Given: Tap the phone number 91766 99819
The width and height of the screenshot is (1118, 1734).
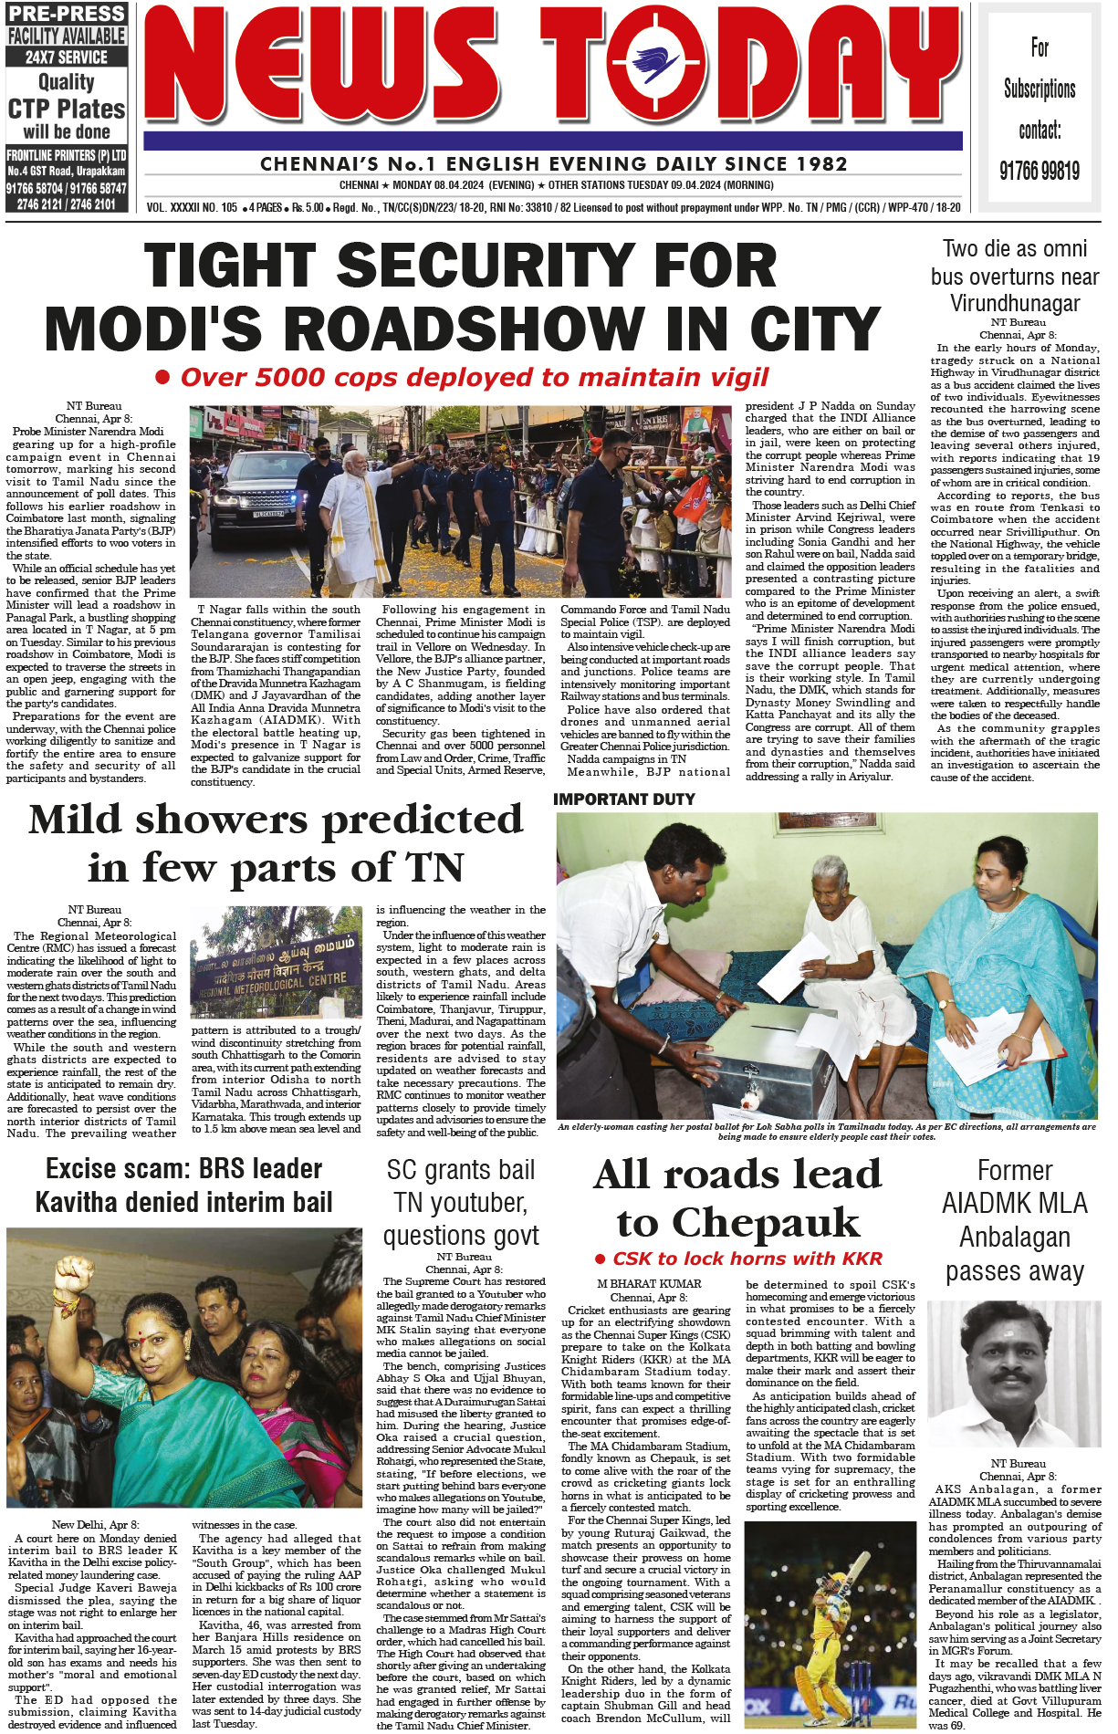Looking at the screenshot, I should [1039, 171].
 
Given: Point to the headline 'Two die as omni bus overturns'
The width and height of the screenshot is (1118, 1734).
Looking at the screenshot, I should [1015, 276].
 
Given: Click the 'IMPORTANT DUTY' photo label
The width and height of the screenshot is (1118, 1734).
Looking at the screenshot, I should [624, 799].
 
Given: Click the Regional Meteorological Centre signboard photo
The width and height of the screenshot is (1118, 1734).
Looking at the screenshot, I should [277, 965].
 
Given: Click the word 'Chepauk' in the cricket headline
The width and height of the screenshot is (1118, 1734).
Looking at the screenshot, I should [737, 1221].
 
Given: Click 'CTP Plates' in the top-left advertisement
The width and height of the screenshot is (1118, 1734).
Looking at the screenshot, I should [67, 110].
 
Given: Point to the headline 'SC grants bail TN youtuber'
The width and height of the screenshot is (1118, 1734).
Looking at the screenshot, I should [461, 1202].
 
